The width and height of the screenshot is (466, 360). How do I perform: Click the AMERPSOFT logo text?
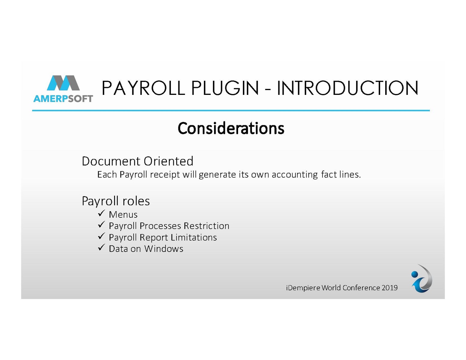click(x=63, y=99)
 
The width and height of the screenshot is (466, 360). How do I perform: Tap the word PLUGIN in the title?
click(x=225, y=88)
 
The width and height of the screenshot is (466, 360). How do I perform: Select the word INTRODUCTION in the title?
click(x=348, y=88)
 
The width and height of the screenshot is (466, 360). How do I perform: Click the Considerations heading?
click(x=231, y=128)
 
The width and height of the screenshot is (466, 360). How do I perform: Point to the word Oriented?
click(x=168, y=161)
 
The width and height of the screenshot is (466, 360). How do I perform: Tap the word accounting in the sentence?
click(x=295, y=175)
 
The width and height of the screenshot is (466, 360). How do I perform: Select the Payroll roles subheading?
click(x=116, y=201)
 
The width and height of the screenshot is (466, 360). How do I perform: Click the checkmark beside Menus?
click(x=101, y=213)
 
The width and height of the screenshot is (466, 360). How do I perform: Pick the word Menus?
click(x=123, y=215)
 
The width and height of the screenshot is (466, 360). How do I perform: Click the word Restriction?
click(x=207, y=226)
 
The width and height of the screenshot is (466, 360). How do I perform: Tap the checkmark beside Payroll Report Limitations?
click(x=101, y=236)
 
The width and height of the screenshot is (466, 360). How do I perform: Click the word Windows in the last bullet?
click(x=164, y=249)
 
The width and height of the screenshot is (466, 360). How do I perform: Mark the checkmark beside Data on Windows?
click(x=101, y=247)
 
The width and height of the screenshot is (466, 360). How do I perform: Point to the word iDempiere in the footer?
click(x=303, y=288)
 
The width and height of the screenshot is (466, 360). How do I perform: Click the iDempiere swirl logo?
click(x=422, y=279)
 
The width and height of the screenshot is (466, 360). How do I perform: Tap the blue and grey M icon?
click(x=63, y=83)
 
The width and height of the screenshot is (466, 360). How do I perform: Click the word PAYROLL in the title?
click(x=143, y=88)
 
